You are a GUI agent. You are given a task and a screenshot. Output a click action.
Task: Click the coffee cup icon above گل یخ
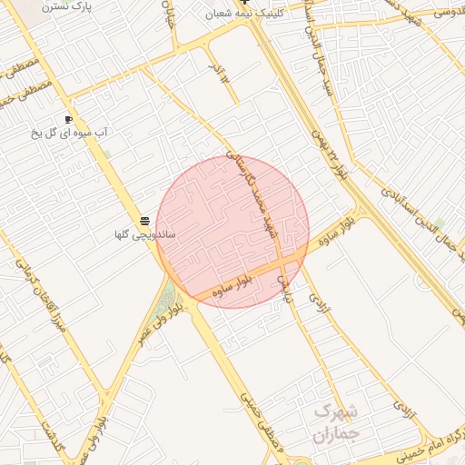(x=68, y=119)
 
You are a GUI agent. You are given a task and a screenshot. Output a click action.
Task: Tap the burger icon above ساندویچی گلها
(x=144, y=222)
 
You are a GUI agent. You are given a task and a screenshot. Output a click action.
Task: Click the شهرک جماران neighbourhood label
(x=336, y=422)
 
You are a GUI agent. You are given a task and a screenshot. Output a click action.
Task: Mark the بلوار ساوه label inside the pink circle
(x=235, y=285)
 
